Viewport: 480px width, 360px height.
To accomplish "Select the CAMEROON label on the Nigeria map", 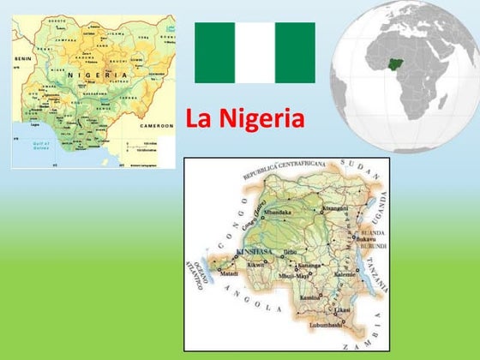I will tap(156, 125).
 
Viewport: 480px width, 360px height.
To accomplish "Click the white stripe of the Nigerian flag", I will tap(255, 52).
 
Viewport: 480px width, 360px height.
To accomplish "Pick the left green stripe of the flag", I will tap(214, 52).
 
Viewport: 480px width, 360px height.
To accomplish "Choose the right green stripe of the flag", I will tap(295, 52).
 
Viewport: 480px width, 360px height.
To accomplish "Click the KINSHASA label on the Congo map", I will tap(251, 251).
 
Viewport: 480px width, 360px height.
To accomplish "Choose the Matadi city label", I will tap(229, 273).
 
